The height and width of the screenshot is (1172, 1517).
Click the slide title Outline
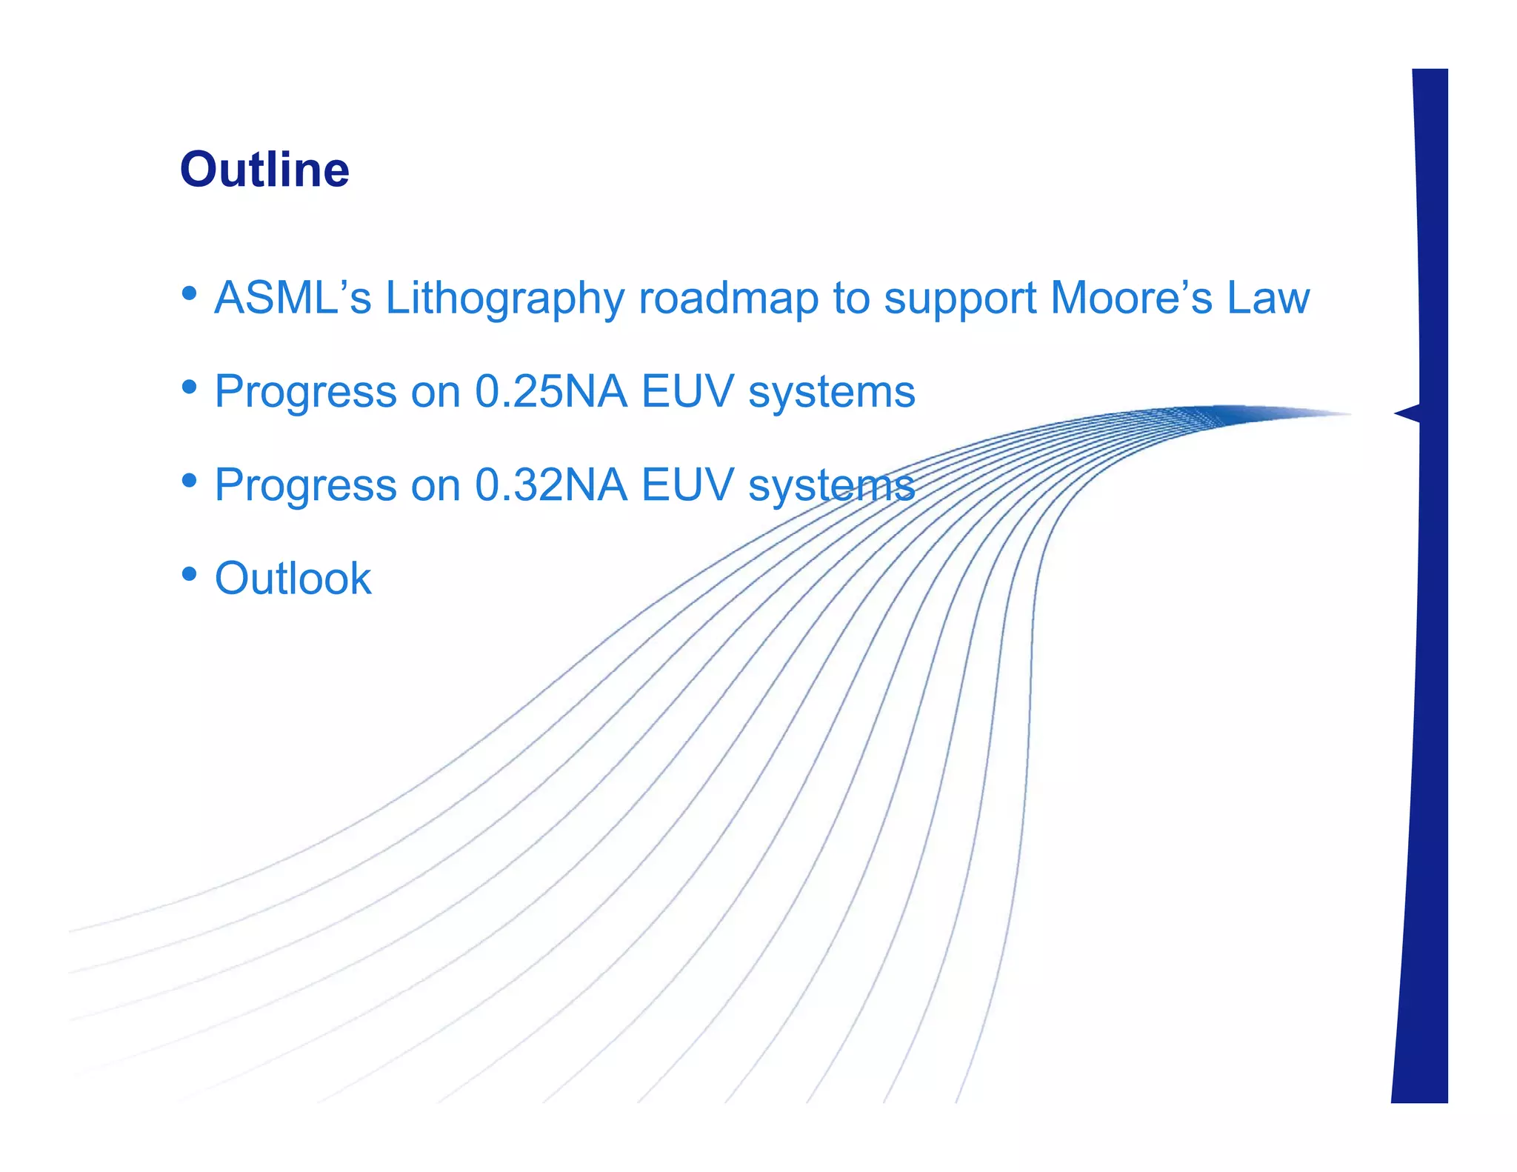coord(264,170)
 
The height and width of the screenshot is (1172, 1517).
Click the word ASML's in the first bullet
coord(293,298)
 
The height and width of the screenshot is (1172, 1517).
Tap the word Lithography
coord(504,299)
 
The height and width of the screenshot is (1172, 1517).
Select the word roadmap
coord(728,299)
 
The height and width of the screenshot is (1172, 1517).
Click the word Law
coord(1268,298)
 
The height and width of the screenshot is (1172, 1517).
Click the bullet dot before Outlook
coord(190,573)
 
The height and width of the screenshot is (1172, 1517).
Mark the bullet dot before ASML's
coord(190,293)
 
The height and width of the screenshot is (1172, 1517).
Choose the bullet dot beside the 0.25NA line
coord(190,387)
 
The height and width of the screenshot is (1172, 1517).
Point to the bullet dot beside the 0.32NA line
coord(190,480)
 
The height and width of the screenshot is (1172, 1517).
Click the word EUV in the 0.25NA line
coord(687,391)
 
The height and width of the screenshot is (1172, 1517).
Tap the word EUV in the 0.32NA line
coord(687,485)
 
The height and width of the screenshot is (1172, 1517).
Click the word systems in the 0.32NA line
coord(831,486)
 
